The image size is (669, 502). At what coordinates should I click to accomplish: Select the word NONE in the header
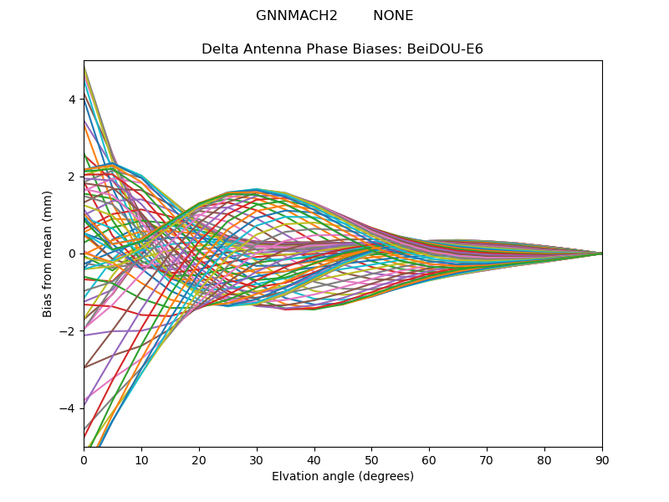[x=393, y=16]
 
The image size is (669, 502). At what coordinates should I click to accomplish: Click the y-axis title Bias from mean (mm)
[x=49, y=253]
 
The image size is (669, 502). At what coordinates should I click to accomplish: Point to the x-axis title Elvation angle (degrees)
[x=343, y=477]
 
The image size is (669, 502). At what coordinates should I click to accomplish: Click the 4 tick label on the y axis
[x=72, y=99]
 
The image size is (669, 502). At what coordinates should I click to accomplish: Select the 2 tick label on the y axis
[x=72, y=176]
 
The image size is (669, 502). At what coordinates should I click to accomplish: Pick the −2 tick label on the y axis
[x=69, y=330]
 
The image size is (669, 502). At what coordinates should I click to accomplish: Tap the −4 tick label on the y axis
[x=69, y=408]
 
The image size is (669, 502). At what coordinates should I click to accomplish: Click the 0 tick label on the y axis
[x=72, y=254]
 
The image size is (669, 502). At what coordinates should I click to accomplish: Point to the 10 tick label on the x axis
[x=141, y=459]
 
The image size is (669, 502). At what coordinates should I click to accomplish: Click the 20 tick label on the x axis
[x=199, y=459]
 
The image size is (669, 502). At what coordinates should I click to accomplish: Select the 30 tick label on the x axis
[x=257, y=459]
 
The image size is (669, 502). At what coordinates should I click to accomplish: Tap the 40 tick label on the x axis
[x=314, y=459]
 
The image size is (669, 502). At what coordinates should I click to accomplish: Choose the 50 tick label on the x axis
[x=371, y=459]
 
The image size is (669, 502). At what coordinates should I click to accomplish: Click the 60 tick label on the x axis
[x=429, y=459]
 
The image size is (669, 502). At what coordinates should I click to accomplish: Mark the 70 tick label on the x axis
[x=487, y=459]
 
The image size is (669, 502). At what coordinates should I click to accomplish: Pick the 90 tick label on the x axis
[x=602, y=459]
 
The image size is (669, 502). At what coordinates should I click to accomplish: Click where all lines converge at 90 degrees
[x=601, y=253]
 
